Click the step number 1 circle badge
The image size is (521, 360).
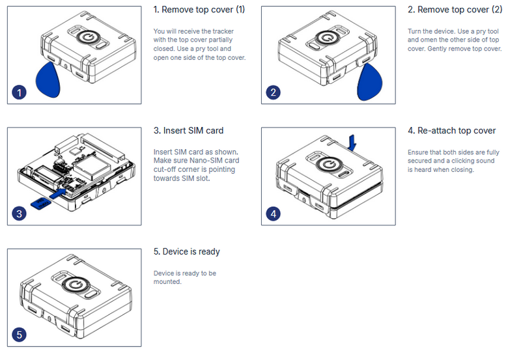20,92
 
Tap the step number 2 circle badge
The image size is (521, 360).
274,92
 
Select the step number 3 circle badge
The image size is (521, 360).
20,214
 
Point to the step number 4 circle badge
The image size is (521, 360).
274,214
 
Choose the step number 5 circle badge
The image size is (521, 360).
20,335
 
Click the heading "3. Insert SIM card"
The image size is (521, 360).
188,131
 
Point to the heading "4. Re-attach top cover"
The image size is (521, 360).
451,131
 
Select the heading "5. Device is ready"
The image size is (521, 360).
186,252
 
